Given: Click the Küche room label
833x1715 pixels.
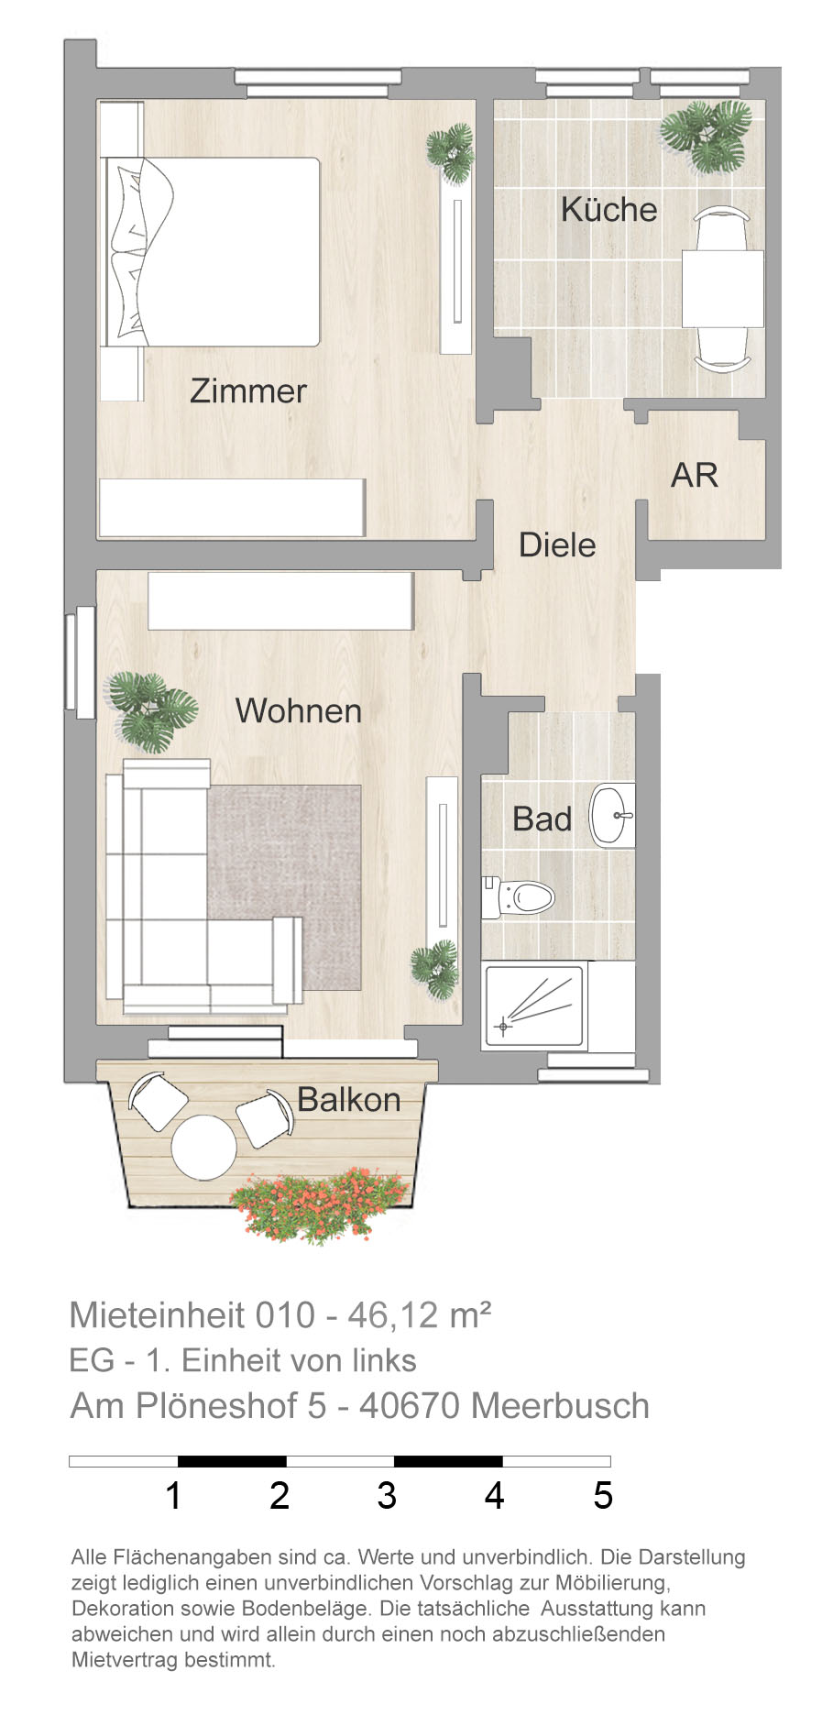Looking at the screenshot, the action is point(609,209).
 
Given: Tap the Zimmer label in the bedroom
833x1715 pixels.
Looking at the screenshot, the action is point(248,390).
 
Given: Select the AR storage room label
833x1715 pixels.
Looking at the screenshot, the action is point(695,475).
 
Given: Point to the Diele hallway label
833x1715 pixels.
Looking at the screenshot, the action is point(557,544).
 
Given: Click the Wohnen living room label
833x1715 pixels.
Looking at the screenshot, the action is point(299,710).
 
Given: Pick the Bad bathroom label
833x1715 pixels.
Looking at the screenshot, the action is point(543,819).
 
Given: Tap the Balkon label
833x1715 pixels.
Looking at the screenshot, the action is point(349,1099).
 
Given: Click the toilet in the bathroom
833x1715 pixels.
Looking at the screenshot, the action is point(518,896).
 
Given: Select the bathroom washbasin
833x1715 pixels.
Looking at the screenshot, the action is point(612,815).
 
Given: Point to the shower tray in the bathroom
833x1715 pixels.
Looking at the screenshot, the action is point(533,1006).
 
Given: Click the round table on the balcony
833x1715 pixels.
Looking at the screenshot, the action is point(204,1147).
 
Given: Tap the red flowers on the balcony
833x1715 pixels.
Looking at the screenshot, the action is point(319,1204).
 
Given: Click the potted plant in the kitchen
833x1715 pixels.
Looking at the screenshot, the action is point(707,135).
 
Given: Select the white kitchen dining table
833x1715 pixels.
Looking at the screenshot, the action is point(723,289).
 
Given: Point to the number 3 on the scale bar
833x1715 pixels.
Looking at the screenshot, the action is point(387,1495).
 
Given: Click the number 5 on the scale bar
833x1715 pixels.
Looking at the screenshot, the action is point(602,1495).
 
